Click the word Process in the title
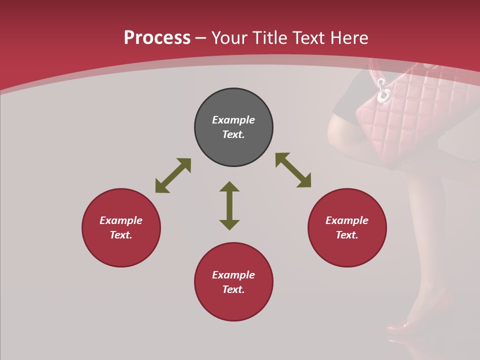tap(157, 38)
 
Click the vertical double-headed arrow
tap(229, 205)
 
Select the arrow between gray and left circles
tap(173, 175)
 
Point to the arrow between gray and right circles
tap(293, 170)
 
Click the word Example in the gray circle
tap(233, 120)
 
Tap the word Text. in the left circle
tap(121, 235)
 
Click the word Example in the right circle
tap(347, 220)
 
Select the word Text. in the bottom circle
tap(233, 289)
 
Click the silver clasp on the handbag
tap(383, 91)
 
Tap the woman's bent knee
tap(334, 131)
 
